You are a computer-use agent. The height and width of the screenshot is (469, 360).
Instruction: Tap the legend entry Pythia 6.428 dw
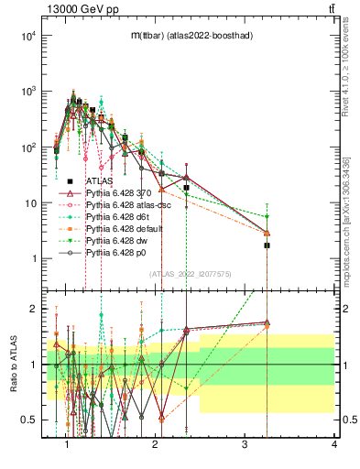point(118,239)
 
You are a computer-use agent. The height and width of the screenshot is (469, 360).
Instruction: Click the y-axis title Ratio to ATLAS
point(15,364)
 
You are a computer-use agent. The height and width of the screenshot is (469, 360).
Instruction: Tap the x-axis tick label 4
point(333,446)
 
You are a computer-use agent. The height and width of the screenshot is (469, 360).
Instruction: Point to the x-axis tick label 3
point(245,446)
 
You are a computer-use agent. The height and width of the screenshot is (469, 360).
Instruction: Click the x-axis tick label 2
point(156,446)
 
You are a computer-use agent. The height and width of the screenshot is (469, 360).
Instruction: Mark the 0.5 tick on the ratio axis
point(29,420)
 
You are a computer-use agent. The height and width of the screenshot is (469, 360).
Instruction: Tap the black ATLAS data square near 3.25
point(267,245)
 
